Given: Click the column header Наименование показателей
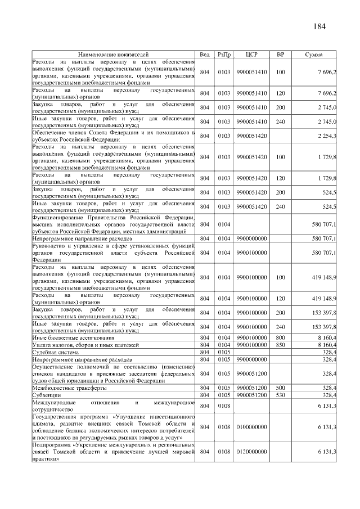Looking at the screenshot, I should click(x=113, y=55).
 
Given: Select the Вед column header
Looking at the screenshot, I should click(x=205, y=55).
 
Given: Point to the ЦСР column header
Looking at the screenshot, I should click(x=252, y=55).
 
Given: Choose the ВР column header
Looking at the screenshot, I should click(x=280, y=55).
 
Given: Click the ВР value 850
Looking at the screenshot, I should click(x=280, y=344).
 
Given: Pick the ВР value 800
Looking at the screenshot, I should click(x=280, y=337).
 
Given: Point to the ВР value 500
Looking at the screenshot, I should click(x=280, y=388).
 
